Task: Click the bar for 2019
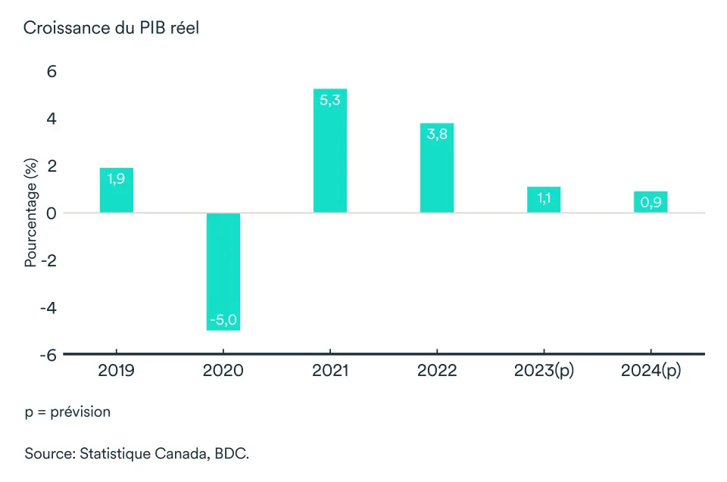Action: tap(117, 190)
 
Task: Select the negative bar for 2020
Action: tap(223, 272)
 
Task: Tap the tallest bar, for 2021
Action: tap(330, 151)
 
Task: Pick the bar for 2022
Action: tap(437, 168)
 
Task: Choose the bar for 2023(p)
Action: tap(544, 200)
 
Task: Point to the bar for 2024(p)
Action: tap(651, 202)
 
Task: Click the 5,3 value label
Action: tap(330, 100)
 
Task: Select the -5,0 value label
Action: tap(223, 319)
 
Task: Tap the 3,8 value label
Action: tap(437, 134)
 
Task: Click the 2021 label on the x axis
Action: tap(330, 372)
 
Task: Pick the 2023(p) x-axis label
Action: tap(544, 372)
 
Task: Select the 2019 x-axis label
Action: tap(117, 372)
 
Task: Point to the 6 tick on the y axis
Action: tap(54, 72)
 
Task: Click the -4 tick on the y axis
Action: tap(50, 307)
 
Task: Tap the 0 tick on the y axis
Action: tap(54, 213)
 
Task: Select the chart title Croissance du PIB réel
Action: tap(111, 28)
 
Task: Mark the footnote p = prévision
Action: tap(67, 412)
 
